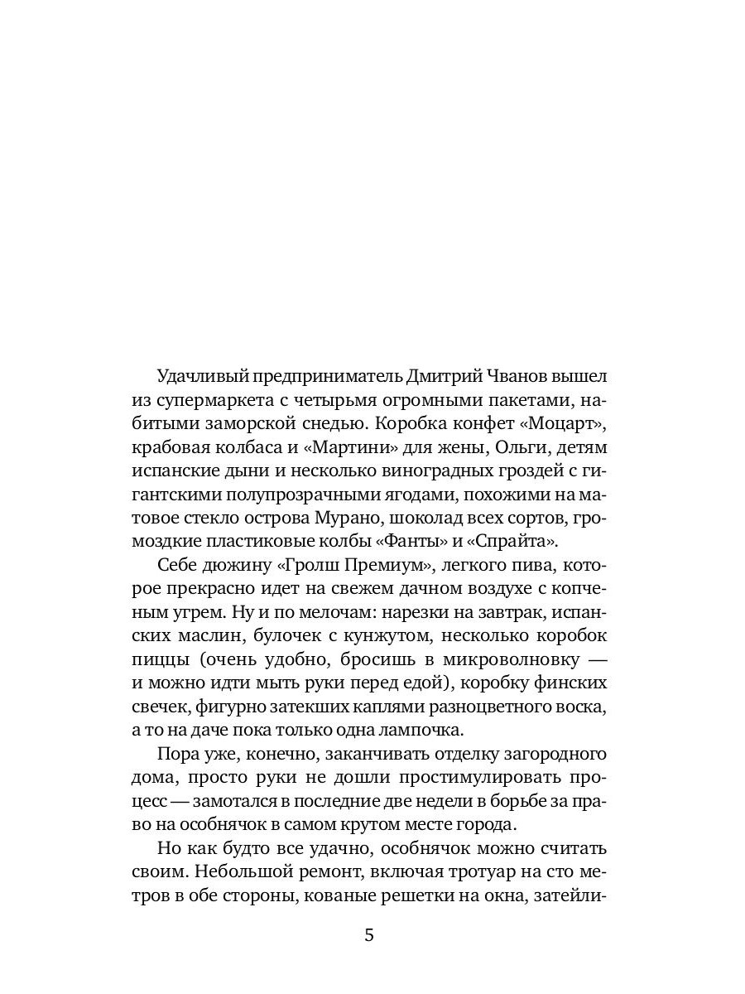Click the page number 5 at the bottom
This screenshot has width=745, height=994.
tap(369, 936)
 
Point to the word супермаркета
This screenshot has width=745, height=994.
tap(212, 400)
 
